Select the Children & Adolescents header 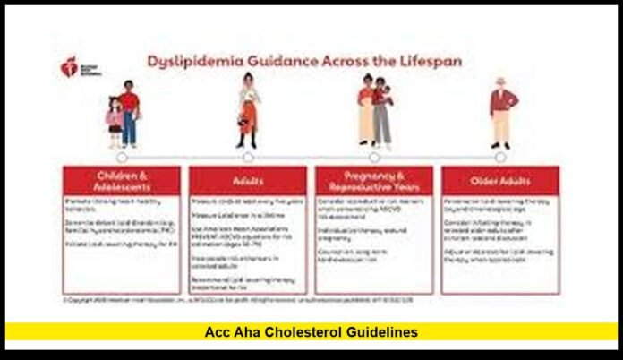121,180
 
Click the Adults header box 247,180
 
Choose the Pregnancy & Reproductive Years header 373,180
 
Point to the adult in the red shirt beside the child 130,113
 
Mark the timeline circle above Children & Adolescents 124,158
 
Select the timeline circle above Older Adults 500,158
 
